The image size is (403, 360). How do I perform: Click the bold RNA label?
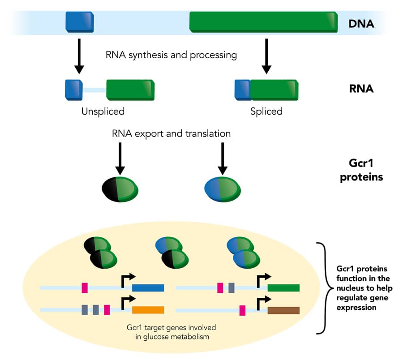[x=361, y=89]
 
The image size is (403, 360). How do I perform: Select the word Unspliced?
[x=103, y=111]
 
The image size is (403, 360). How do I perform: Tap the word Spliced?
[x=266, y=111]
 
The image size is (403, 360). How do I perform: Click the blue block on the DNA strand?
[x=79, y=22]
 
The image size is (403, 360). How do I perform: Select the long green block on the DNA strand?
[x=263, y=22]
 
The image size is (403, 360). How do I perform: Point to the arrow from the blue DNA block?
[x=79, y=56]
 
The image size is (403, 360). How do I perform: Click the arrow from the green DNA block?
[x=266, y=56]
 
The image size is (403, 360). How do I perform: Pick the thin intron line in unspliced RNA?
[x=94, y=90]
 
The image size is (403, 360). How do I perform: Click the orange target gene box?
[x=148, y=309]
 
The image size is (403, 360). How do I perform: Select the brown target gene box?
[x=283, y=310]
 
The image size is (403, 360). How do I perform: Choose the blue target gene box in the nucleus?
[x=148, y=287]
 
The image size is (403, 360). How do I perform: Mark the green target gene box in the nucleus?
[x=283, y=287]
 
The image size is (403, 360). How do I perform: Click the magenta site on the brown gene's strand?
[x=242, y=310]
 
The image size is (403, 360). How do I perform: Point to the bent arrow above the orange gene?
[x=128, y=299]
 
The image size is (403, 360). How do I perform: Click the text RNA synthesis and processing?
[x=171, y=56]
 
